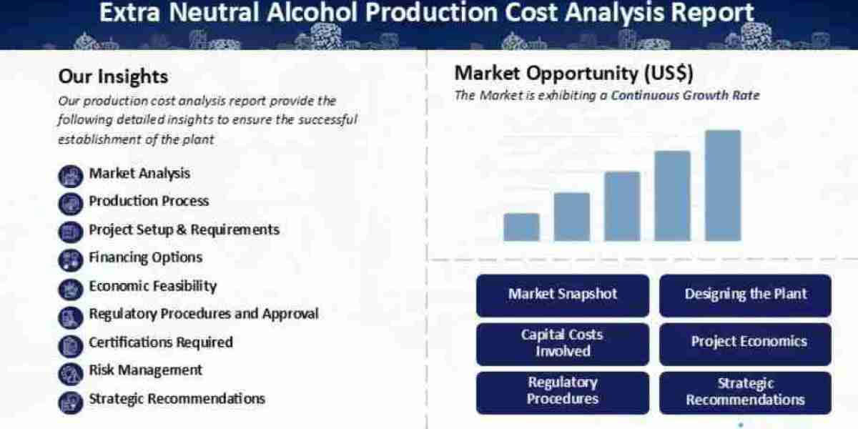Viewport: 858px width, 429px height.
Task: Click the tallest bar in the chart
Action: pyautogui.click(x=723, y=185)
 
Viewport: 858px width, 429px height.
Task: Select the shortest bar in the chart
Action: pyautogui.click(x=521, y=227)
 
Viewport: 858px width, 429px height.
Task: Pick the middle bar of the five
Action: pyautogui.click(x=622, y=206)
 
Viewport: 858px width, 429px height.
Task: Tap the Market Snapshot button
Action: pyautogui.click(x=563, y=295)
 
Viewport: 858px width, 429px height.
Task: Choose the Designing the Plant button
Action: pyautogui.click(x=745, y=295)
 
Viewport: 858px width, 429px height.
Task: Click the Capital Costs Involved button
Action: pyautogui.click(x=563, y=344)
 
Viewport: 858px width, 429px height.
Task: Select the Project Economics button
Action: pyautogui.click(x=745, y=344)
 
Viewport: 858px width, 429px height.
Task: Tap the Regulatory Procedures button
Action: pyautogui.click(x=563, y=393)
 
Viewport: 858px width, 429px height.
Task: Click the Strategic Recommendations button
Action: pyautogui.click(x=745, y=393)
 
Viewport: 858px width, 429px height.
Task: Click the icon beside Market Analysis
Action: pyautogui.click(x=71, y=176)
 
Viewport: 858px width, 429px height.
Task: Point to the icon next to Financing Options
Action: pyautogui.click(x=71, y=260)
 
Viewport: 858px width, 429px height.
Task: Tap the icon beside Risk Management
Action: pyautogui.click(x=71, y=374)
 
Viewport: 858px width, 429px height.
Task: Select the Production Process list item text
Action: pyautogui.click(x=149, y=201)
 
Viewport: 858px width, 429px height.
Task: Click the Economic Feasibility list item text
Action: pyautogui.click(x=153, y=287)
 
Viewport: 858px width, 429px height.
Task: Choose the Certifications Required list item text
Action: pyautogui.click(x=161, y=342)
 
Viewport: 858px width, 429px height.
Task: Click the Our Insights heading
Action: pyautogui.click(x=113, y=77)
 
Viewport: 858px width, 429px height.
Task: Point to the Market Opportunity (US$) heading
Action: pyautogui.click(x=573, y=73)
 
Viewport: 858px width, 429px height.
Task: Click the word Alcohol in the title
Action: pyautogui.click(x=312, y=12)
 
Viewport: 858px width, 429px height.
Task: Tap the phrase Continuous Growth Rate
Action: pyautogui.click(x=685, y=95)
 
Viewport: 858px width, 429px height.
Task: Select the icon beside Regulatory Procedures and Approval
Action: pyautogui.click(x=71, y=317)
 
